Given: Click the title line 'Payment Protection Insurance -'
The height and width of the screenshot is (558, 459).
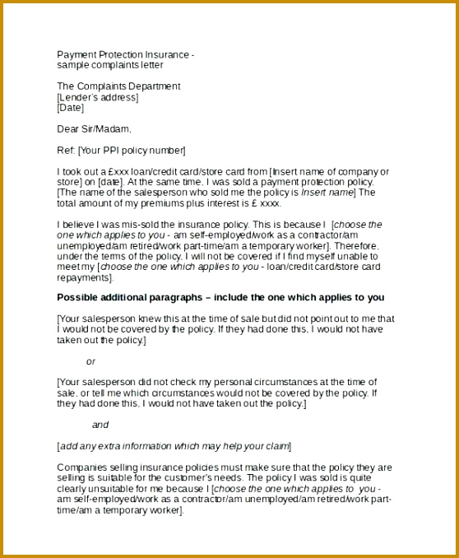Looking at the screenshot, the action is (125, 54).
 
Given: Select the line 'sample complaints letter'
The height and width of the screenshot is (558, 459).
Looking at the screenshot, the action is (110, 65).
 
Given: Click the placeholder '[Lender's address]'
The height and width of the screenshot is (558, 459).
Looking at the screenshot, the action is (97, 97).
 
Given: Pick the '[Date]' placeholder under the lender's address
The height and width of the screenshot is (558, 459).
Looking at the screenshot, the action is (71, 108).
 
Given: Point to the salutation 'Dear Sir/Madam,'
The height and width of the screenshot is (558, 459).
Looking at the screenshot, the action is (94, 129).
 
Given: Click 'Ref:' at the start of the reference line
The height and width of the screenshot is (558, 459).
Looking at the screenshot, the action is (66, 151).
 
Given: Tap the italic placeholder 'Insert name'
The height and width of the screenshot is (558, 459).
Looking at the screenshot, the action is (327, 193).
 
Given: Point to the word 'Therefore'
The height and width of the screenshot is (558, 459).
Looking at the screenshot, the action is (356, 246).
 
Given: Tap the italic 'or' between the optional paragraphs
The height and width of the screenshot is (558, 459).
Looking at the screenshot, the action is (90, 361).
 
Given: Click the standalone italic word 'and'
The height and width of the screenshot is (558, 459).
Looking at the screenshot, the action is (100, 425).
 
